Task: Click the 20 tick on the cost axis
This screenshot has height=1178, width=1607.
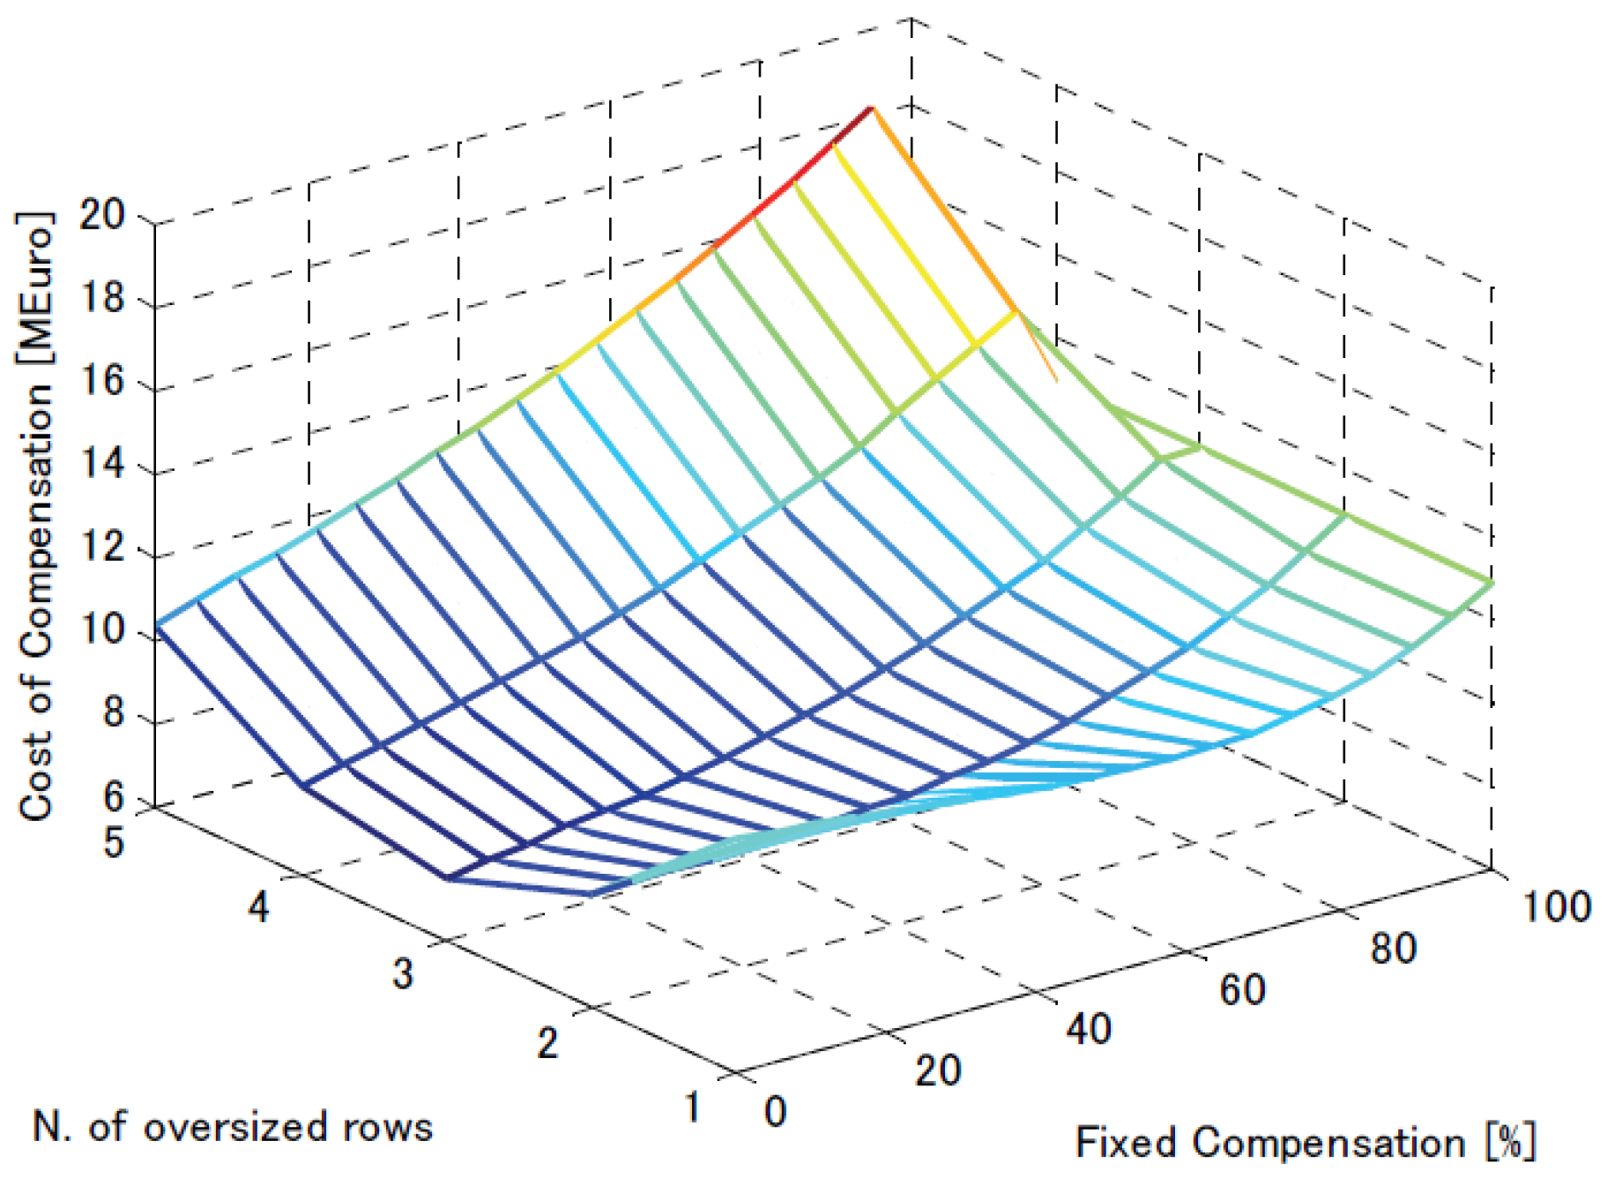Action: coord(102,214)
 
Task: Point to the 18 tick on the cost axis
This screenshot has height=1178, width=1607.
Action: coord(102,299)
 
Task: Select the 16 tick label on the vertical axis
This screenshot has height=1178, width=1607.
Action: coord(102,382)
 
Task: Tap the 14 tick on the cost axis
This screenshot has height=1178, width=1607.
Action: coord(102,465)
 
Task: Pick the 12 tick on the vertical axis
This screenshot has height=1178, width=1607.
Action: coord(102,548)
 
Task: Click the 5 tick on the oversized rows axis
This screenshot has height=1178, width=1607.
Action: coord(114,842)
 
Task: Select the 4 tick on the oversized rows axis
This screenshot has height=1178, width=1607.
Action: coord(257,906)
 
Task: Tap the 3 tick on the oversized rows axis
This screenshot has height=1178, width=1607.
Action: coord(402,973)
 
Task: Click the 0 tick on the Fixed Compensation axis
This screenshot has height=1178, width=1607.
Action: coord(775,1112)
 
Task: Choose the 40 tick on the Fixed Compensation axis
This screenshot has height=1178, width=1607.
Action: coord(1088,1029)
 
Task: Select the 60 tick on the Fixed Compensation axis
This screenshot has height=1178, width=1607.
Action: coord(1242,989)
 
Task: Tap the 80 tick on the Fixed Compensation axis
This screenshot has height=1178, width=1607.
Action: coord(1394,949)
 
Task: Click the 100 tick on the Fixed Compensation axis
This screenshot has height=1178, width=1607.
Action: coord(1556,907)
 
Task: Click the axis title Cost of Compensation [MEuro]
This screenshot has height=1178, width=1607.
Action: coord(37,516)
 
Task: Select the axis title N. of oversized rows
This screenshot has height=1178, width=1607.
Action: coord(233,1128)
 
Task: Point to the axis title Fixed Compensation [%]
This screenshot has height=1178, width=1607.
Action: coord(1305,1143)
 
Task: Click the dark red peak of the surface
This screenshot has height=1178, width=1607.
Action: coord(869,109)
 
